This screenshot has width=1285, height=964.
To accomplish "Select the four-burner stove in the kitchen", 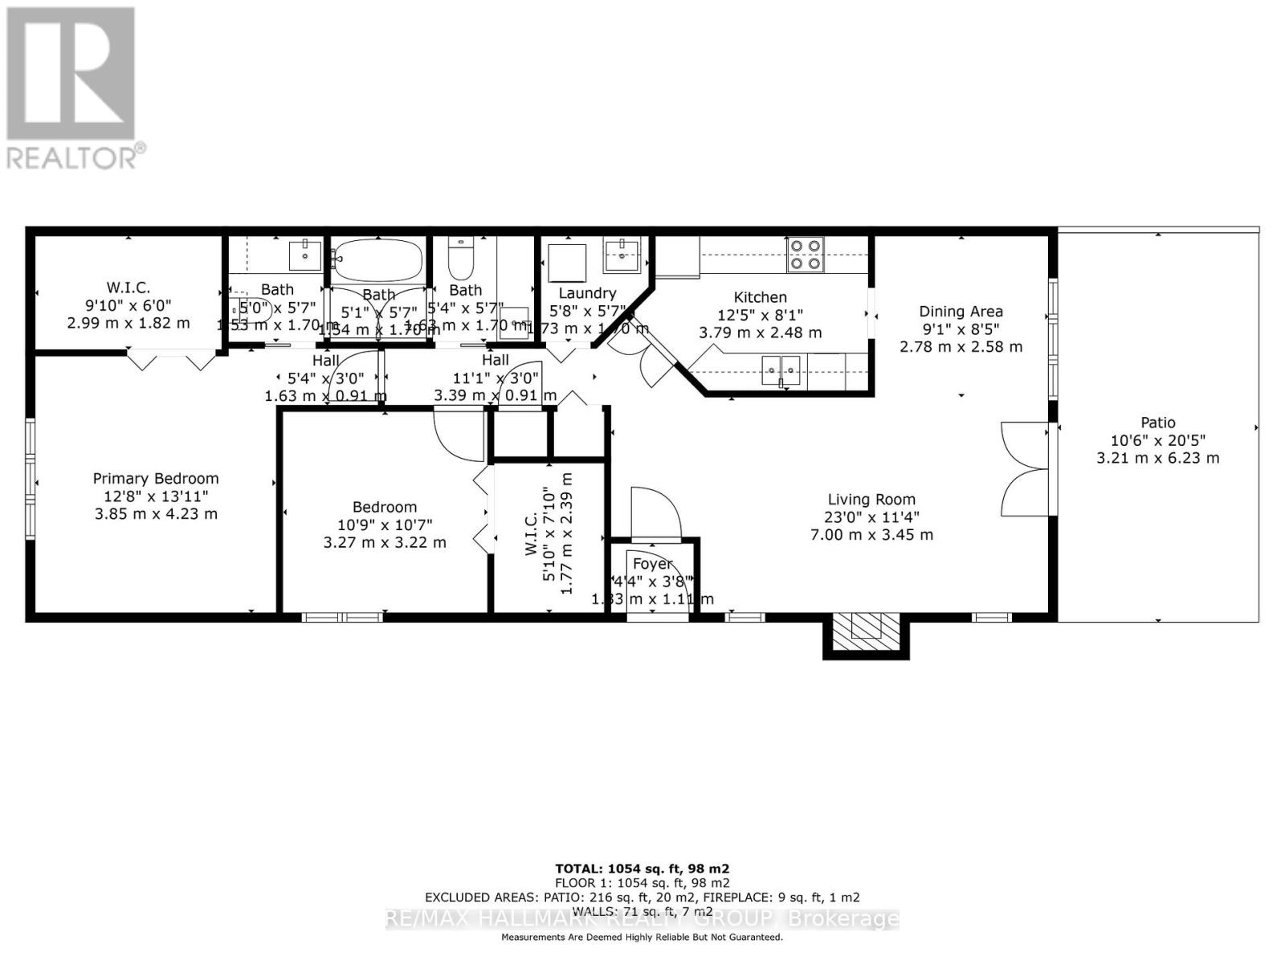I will pos(805,254).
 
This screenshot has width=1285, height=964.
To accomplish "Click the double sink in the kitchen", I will pos(781,370).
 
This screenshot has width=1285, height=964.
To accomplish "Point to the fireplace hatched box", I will pos(865,627).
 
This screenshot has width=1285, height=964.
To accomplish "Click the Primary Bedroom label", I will pos(156,479).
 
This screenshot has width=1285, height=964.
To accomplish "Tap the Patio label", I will pos(1157,423).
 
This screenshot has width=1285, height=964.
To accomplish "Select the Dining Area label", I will pos(961,312).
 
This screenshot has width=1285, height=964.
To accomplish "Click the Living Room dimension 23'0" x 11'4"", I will pos(871,517).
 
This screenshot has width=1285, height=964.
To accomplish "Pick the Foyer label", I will pos(652,564).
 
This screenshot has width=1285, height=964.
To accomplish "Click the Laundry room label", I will pos(587,293).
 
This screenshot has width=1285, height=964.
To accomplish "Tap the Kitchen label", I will pos(760,297).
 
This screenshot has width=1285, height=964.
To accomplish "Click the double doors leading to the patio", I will pos(1025,468).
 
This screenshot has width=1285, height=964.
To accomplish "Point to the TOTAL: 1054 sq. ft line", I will pos(642,868).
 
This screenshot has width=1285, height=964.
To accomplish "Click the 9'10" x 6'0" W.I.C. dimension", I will pos(128,305).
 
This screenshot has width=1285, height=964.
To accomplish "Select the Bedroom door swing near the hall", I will pos(458,434).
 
